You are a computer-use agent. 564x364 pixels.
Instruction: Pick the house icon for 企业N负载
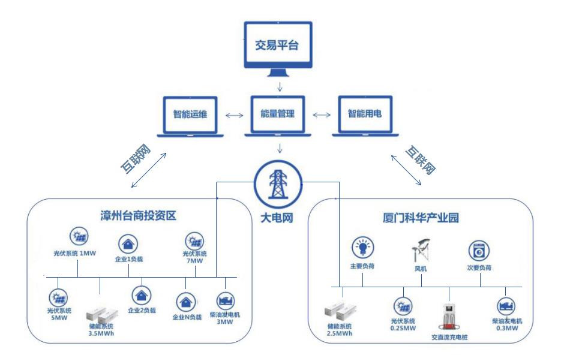point(185,300)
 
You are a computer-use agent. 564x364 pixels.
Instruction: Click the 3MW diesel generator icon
point(226,300)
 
